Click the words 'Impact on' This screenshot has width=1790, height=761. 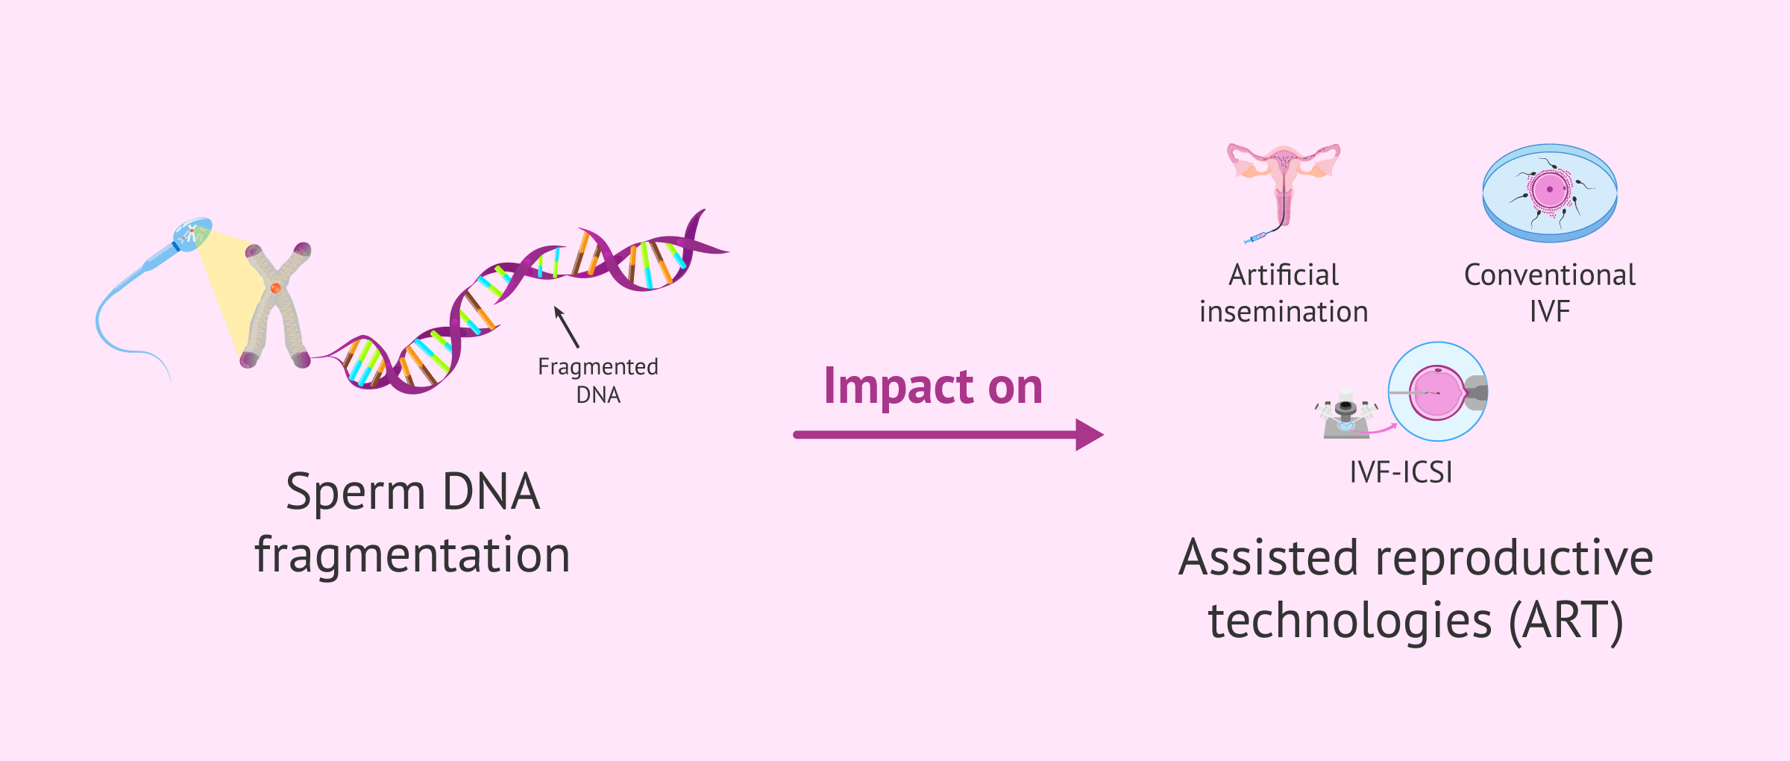tap(932, 387)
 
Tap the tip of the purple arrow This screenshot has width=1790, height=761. tap(1101, 435)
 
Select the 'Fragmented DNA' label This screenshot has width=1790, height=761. tap(598, 380)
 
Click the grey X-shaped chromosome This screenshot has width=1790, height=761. tap(276, 306)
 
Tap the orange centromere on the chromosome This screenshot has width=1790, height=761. tap(275, 288)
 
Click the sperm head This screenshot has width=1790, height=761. tap(192, 234)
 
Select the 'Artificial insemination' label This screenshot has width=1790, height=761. tap(1284, 293)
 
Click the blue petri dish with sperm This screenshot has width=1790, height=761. tap(1550, 193)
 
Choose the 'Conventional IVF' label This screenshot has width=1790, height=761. tap(1550, 293)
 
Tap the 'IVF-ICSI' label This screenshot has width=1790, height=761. tap(1401, 472)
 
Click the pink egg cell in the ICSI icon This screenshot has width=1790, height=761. tap(1437, 393)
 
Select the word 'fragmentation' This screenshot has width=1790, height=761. tap(412, 556)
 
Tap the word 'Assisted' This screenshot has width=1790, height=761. tap(1268, 558)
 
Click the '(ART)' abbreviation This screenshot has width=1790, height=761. tap(1566, 621)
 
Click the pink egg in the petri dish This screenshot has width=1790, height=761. tap(1550, 190)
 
